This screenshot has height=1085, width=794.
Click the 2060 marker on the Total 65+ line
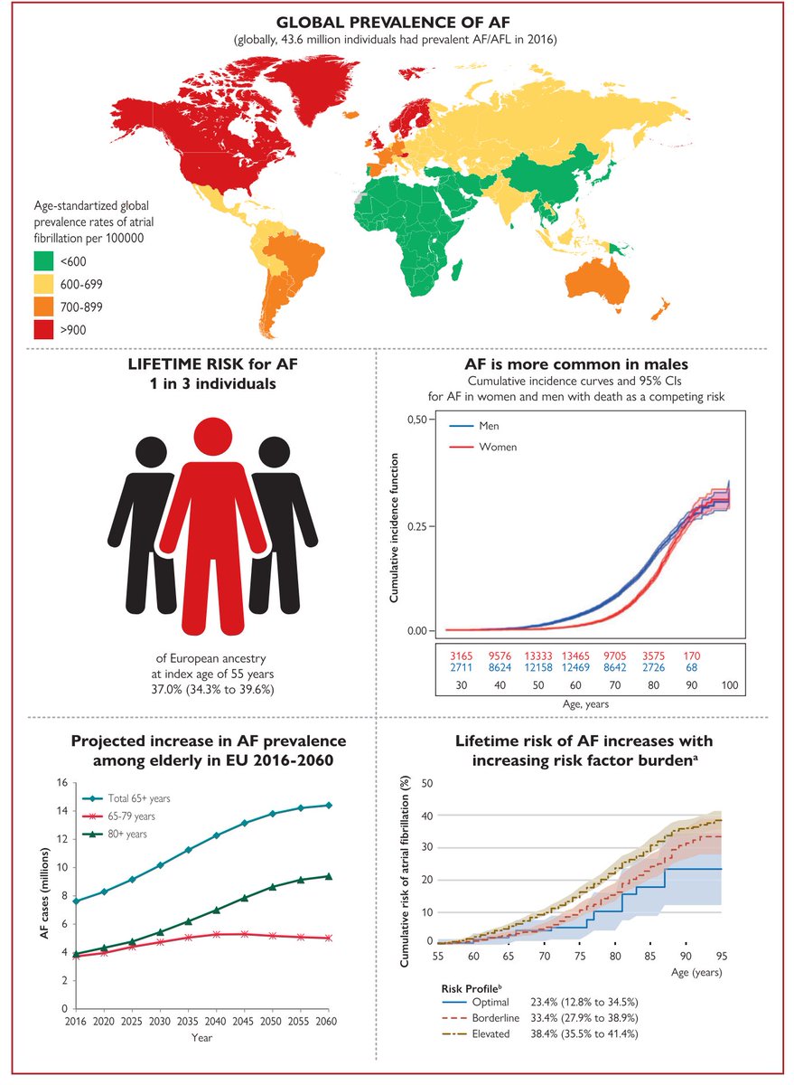pos(329,805)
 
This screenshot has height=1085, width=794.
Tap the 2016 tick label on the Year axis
pos(76,1020)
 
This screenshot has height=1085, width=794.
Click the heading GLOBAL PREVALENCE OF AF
pos(397,22)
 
